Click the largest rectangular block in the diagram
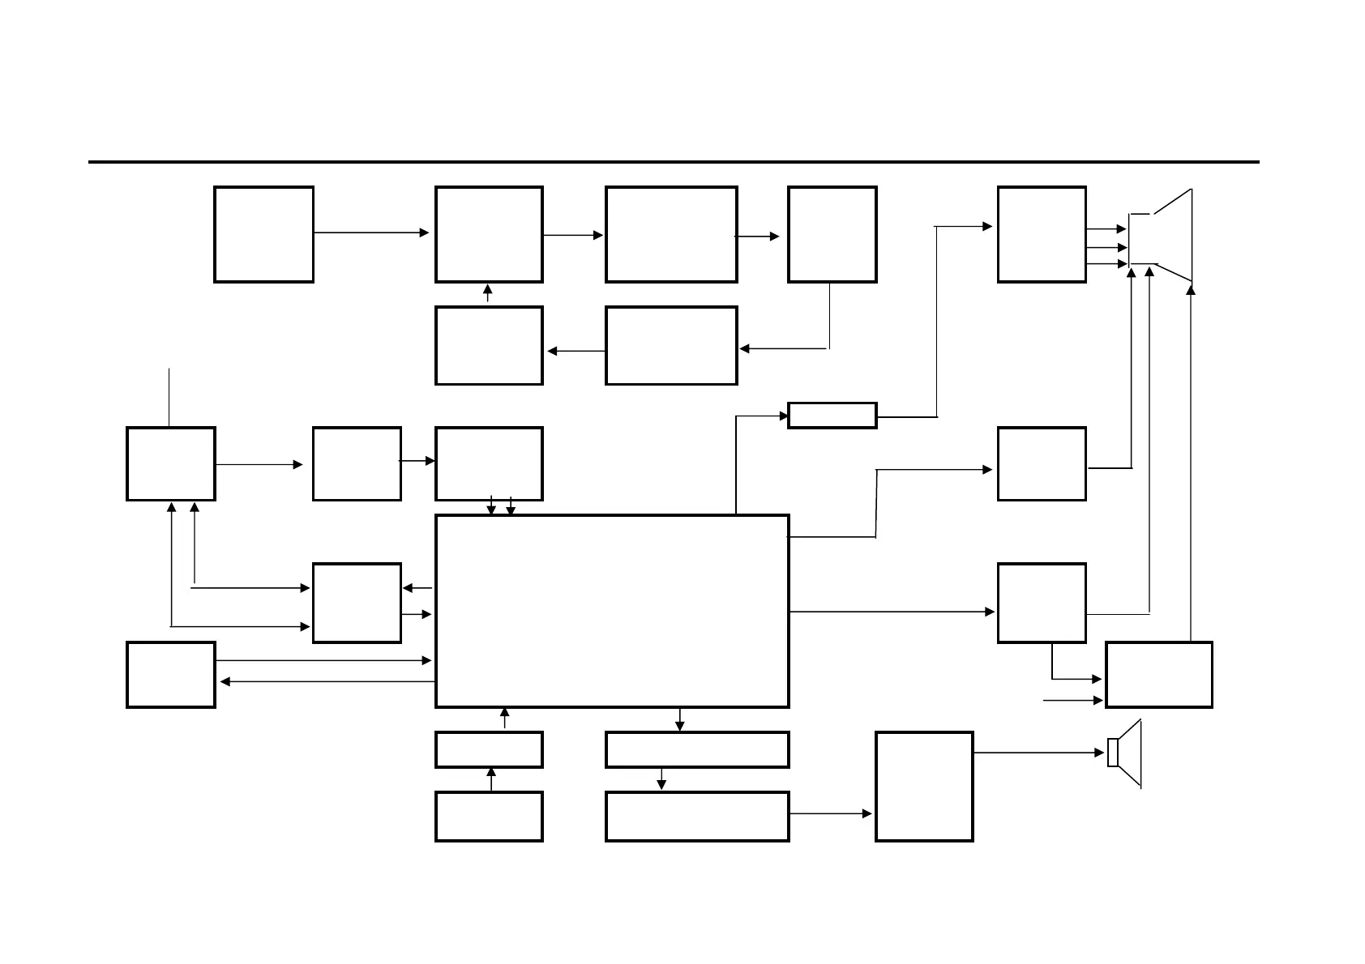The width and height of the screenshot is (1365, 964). tap(612, 611)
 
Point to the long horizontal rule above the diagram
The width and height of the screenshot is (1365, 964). tap(673, 162)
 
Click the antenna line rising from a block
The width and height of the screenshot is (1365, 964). tap(169, 397)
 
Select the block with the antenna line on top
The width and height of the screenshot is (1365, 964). tap(170, 463)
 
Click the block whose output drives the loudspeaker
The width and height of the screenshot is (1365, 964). tap(924, 786)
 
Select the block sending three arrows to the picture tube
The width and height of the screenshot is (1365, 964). tap(1042, 234)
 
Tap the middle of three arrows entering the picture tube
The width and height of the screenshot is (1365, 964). tap(1106, 247)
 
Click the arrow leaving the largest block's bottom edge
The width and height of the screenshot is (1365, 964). tap(679, 719)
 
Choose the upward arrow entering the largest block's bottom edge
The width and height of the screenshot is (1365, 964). tap(505, 719)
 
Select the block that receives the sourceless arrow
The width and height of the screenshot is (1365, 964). tap(1158, 675)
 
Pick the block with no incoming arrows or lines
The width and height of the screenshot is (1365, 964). tap(263, 234)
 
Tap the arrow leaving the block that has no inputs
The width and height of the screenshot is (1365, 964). tap(371, 232)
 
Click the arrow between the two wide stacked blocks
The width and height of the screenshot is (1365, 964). tap(661, 779)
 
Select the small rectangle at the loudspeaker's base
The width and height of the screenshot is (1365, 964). tap(1113, 753)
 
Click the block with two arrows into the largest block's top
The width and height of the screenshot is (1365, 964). tap(489, 463)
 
